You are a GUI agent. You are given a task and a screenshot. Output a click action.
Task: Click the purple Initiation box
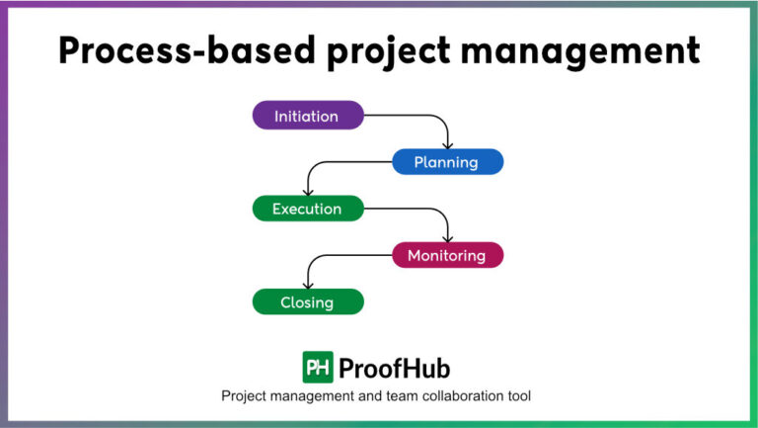[x=307, y=116]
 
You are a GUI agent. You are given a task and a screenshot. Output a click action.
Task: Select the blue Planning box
[x=447, y=162]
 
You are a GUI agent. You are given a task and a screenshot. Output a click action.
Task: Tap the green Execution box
[x=307, y=209]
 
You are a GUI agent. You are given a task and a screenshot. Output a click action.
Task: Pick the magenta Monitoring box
[x=447, y=255]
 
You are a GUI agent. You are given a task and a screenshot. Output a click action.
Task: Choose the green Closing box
[x=307, y=301]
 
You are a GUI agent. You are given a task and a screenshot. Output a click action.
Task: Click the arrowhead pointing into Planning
[x=448, y=145]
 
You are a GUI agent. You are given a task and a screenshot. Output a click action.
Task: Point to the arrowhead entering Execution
[x=308, y=192]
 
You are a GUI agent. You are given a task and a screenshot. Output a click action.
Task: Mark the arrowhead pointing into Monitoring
[x=448, y=238]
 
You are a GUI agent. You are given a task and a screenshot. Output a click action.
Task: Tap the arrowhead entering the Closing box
[x=308, y=285]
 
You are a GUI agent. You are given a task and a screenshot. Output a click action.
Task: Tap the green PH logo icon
[x=318, y=368]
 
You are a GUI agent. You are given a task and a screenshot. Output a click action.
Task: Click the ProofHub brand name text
[x=394, y=369]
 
